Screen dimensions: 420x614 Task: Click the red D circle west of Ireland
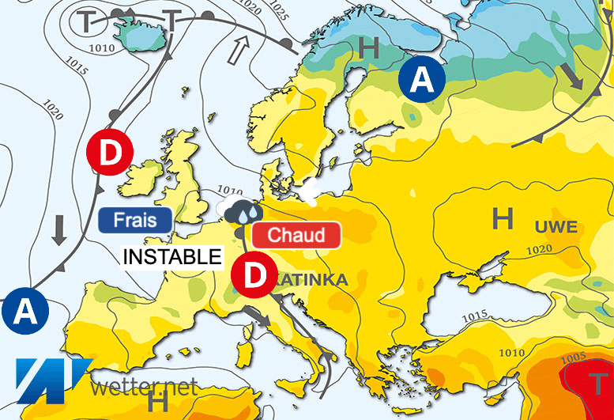(110, 152)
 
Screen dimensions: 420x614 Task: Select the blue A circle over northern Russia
(422, 79)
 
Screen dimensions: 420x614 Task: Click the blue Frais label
(134, 219)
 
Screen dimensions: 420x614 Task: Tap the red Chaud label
(296, 235)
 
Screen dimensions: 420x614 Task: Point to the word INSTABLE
(170, 257)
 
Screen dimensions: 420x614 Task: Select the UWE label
(556, 228)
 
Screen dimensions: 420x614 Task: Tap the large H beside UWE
(503, 218)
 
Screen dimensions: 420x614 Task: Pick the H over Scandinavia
(368, 48)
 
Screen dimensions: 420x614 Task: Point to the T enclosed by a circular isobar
(86, 21)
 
